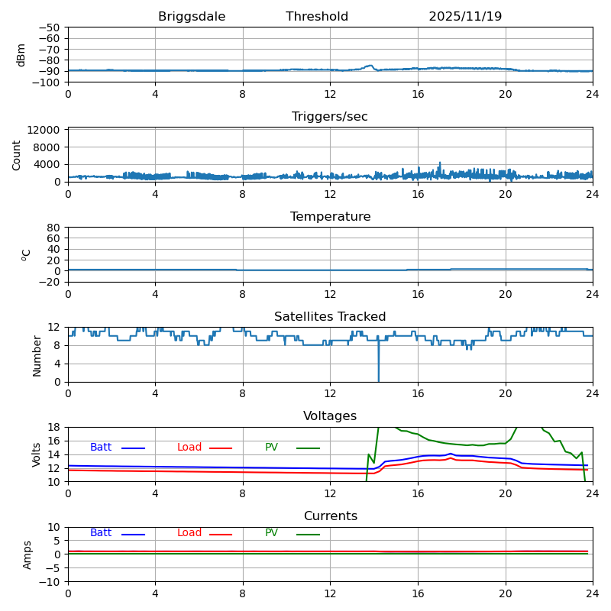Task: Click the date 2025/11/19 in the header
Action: [x=465, y=17]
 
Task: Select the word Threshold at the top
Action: [x=317, y=17]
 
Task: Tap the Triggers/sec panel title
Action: [x=330, y=117]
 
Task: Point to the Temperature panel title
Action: [x=330, y=217]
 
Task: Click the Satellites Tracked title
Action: [x=330, y=317]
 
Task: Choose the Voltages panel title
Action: [x=330, y=416]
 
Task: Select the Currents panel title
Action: [x=330, y=516]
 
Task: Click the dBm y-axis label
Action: [x=21, y=54]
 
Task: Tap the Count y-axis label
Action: [x=17, y=154]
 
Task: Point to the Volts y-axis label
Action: [x=37, y=454]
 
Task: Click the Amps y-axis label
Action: [x=27, y=554]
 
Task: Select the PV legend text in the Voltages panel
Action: [x=271, y=448]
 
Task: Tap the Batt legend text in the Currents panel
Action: [x=101, y=533]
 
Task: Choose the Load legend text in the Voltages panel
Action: [x=189, y=448]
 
